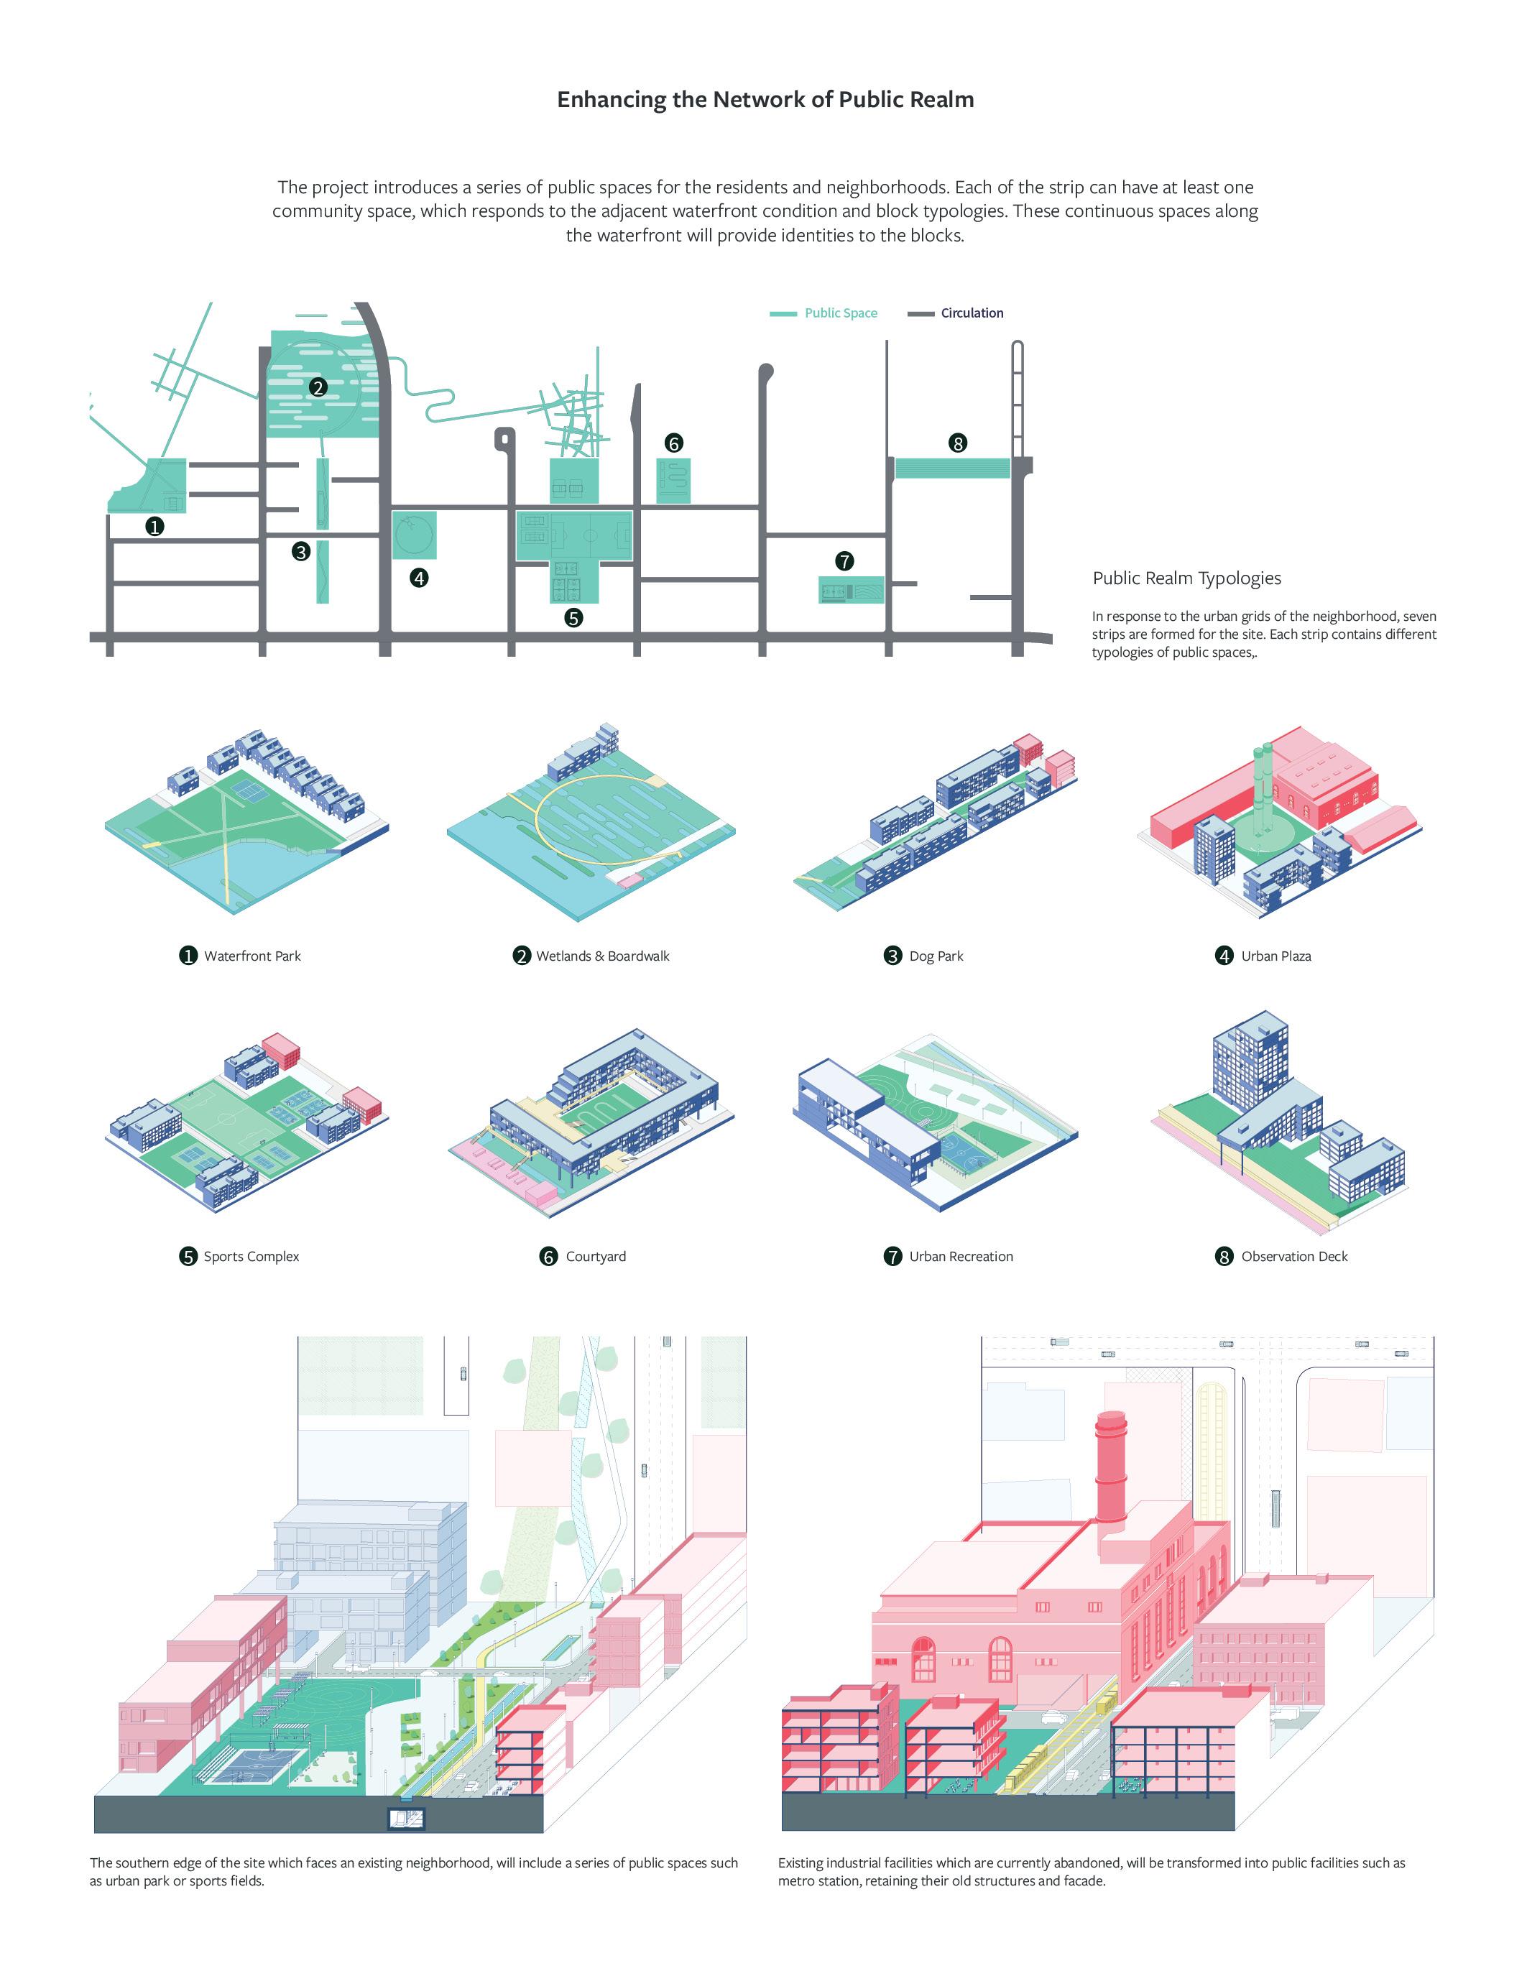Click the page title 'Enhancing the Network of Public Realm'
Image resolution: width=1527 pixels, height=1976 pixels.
point(765,100)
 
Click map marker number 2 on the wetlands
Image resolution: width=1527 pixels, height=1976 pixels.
point(318,387)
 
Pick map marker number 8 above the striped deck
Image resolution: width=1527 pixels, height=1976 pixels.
point(958,443)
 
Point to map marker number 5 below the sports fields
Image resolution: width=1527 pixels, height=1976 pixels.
point(573,618)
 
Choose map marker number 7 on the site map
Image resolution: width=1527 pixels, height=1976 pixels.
point(844,561)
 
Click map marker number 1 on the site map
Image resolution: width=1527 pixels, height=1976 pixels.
point(154,526)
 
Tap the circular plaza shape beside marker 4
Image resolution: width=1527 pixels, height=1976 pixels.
point(415,535)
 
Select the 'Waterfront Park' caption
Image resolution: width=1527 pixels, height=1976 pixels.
point(252,956)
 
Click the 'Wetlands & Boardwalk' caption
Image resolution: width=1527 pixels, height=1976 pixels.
point(602,956)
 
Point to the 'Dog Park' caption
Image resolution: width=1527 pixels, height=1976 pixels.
point(936,956)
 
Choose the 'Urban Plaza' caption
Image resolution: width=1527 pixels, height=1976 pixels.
point(1275,956)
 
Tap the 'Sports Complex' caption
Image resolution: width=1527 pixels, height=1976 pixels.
point(251,1256)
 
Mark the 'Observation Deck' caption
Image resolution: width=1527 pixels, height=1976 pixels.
point(1293,1256)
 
